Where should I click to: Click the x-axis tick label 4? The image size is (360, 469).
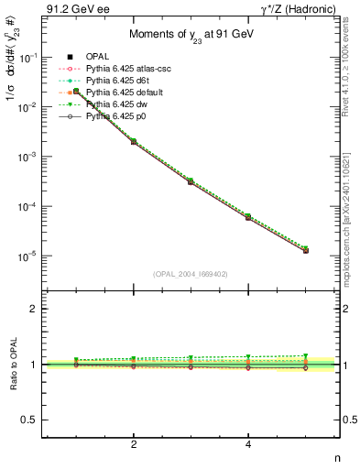[x=248, y=444]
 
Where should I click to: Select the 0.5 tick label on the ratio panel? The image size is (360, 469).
[x=29, y=420]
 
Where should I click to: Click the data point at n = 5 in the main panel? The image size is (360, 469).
[x=305, y=250]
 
